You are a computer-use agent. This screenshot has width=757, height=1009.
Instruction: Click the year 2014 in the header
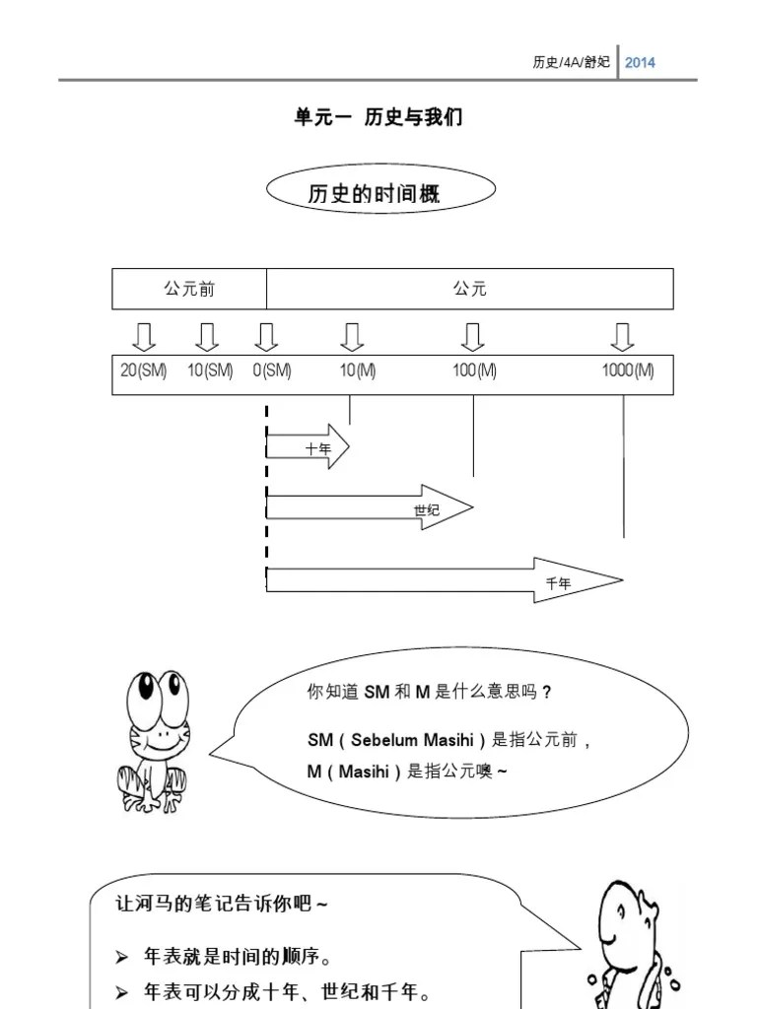tap(640, 62)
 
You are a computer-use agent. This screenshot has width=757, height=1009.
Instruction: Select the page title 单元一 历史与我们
tap(378, 117)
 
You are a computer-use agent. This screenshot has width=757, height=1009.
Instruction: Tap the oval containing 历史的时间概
tap(380, 190)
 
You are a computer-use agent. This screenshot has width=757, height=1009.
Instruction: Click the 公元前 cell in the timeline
tap(189, 289)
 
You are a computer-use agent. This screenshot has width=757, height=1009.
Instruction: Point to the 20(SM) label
tap(144, 370)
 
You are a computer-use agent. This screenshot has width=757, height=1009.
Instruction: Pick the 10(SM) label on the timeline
tap(210, 370)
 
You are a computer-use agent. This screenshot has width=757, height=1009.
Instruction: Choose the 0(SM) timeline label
tap(271, 370)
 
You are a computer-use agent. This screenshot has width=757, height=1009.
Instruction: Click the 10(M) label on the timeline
tap(358, 370)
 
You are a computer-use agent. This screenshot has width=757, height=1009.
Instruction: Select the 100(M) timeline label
tap(474, 370)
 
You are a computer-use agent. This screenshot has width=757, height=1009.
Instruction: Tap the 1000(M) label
tap(628, 370)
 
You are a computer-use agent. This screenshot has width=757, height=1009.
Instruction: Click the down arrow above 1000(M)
tap(622, 337)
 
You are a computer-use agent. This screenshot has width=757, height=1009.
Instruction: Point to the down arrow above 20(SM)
tap(144, 337)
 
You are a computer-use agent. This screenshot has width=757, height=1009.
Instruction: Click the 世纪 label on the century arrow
tap(427, 509)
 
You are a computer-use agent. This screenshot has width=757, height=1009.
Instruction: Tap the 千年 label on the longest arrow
tap(559, 583)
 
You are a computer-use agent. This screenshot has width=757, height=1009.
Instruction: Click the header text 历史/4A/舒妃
tap(572, 62)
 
